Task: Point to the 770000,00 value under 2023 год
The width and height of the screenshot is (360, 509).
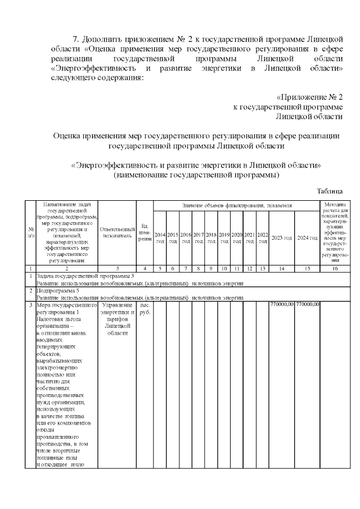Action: [x=282, y=304]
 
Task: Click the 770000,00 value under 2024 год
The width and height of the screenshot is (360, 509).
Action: [x=307, y=304]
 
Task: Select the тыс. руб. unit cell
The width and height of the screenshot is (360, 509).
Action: [x=145, y=308]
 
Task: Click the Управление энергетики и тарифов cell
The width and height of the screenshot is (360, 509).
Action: [x=117, y=318]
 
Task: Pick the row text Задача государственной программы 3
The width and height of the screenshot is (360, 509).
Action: [x=85, y=276]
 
